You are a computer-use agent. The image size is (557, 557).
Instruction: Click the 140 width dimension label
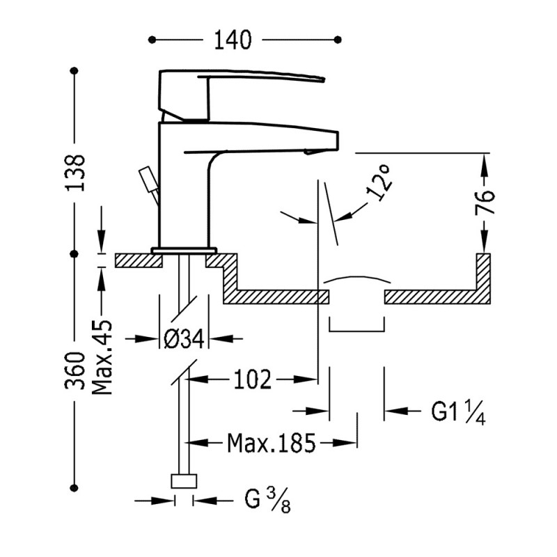tap(232, 40)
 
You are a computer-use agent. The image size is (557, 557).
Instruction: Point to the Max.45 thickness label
tap(102, 358)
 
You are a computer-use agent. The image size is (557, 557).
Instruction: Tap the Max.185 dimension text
tap(272, 442)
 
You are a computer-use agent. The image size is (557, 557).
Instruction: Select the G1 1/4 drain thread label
tap(457, 411)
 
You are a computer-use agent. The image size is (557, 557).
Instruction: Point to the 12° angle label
tap(379, 187)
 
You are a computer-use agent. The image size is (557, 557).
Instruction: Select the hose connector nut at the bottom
tap(185, 480)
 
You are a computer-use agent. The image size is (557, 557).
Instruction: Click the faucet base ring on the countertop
tap(185, 250)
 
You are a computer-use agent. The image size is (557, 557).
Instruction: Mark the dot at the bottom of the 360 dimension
tap(75, 487)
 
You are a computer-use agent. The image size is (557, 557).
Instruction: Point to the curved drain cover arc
tap(356, 279)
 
